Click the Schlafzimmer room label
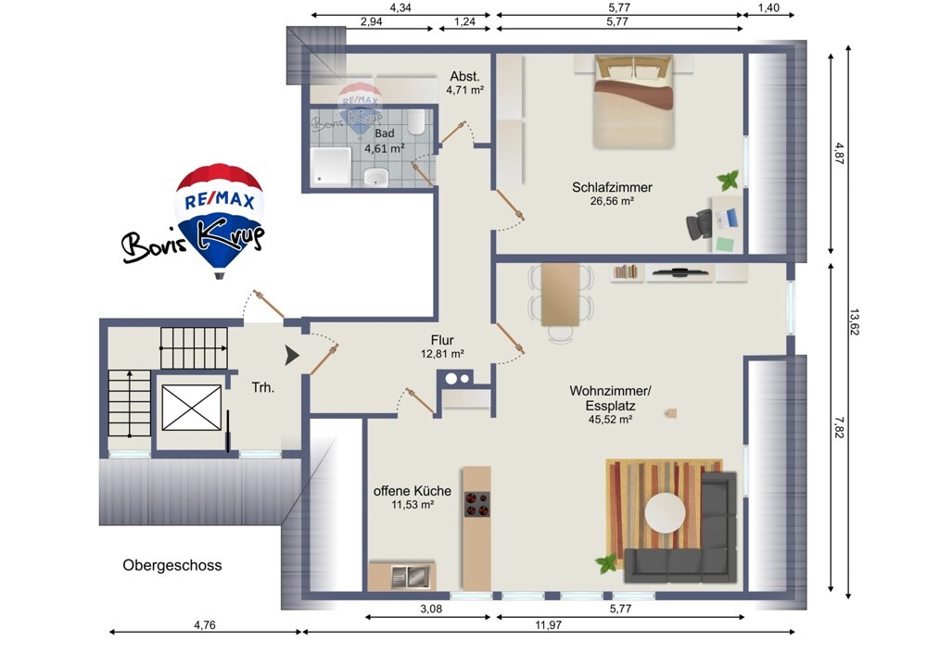point(612,187)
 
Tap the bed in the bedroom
point(634,101)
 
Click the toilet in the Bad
point(417,121)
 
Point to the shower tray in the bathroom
point(331,167)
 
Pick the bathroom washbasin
point(375,177)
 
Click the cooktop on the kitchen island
point(476,504)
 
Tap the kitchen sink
point(411,576)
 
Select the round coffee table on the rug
point(665,512)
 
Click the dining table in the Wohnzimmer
point(561,295)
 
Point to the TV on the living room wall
point(679,272)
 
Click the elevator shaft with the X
point(192,408)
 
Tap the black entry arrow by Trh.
point(292,356)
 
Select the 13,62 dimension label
point(855,322)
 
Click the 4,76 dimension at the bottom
point(205,624)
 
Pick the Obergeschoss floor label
point(172,565)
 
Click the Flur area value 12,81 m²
point(442,354)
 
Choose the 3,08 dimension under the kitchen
point(431,609)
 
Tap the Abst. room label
point(464,76)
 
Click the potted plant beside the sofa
point(606,563)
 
